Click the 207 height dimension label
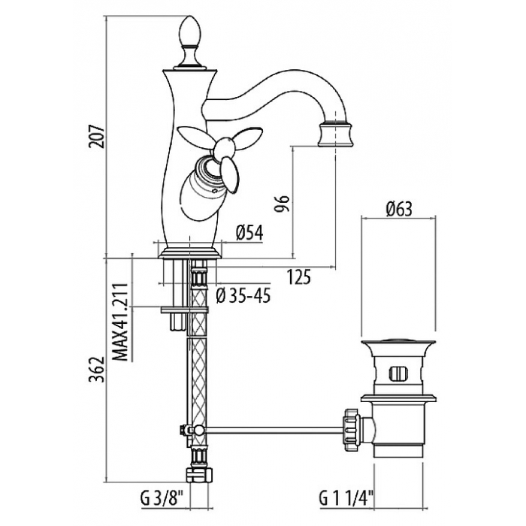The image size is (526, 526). coord(97,137)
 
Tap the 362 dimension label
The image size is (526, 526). coord(97,370)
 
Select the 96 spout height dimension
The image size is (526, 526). coord(281,204)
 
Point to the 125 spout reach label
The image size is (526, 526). coord(299,277)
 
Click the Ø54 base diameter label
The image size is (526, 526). coord(249,232)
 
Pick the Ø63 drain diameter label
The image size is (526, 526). coord(398,210)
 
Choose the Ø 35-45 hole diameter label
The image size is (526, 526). coord(243,295)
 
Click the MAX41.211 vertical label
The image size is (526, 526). coord(120,322)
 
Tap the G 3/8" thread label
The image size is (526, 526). coord(162,498)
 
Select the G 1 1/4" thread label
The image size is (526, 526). coord(346,498)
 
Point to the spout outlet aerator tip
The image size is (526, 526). coord(335,135)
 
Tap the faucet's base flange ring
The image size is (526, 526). coord(189,253)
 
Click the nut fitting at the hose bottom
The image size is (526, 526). coord(200,474)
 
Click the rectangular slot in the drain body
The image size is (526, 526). coord(398,373)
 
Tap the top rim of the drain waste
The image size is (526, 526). coord(398,343)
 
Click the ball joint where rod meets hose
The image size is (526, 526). coord(198,429)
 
